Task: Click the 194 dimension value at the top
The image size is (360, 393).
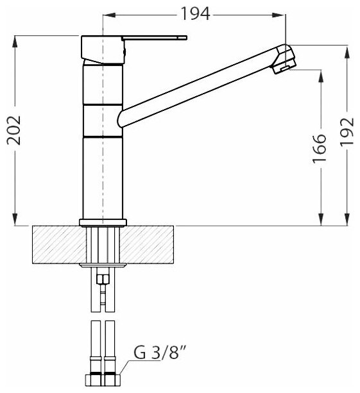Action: [x=195, y=14]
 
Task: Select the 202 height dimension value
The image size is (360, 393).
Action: [x=14, y=130]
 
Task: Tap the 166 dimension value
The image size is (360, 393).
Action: [x=320, y=149]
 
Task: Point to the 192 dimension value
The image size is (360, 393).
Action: [x=347, y=131]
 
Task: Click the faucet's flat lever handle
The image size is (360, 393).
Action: [x=154, y=38]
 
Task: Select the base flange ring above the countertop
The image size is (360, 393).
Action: [x=103, y=222]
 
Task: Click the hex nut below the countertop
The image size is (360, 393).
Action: [x=103, y=280]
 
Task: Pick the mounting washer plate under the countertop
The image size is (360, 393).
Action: [x=103, y=265]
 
